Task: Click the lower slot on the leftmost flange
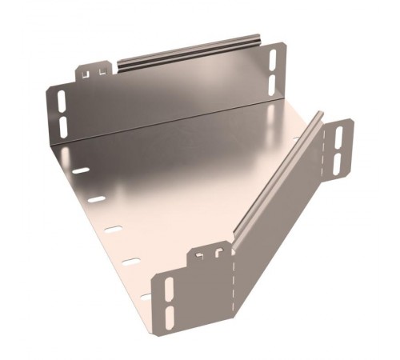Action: coord(62,126)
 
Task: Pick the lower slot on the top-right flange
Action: coord(274,82)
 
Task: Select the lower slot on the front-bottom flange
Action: coord(169,314)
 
